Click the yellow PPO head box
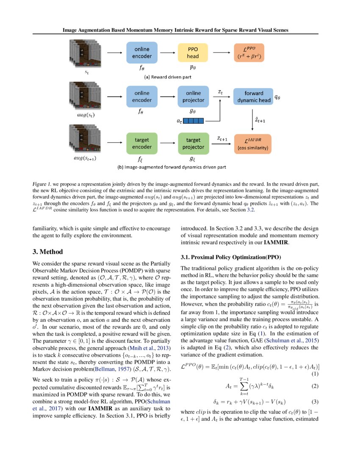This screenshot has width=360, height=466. coord(193,52)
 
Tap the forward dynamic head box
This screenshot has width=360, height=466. coord(253,97)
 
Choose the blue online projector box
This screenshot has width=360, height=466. coord(193,97)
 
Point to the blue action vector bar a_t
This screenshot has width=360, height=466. coord(194,121)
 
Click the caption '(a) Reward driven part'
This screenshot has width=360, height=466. coord(174,78)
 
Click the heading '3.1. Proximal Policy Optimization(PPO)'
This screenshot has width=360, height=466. coord(231,257)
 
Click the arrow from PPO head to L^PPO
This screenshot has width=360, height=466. coord(221,52)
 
